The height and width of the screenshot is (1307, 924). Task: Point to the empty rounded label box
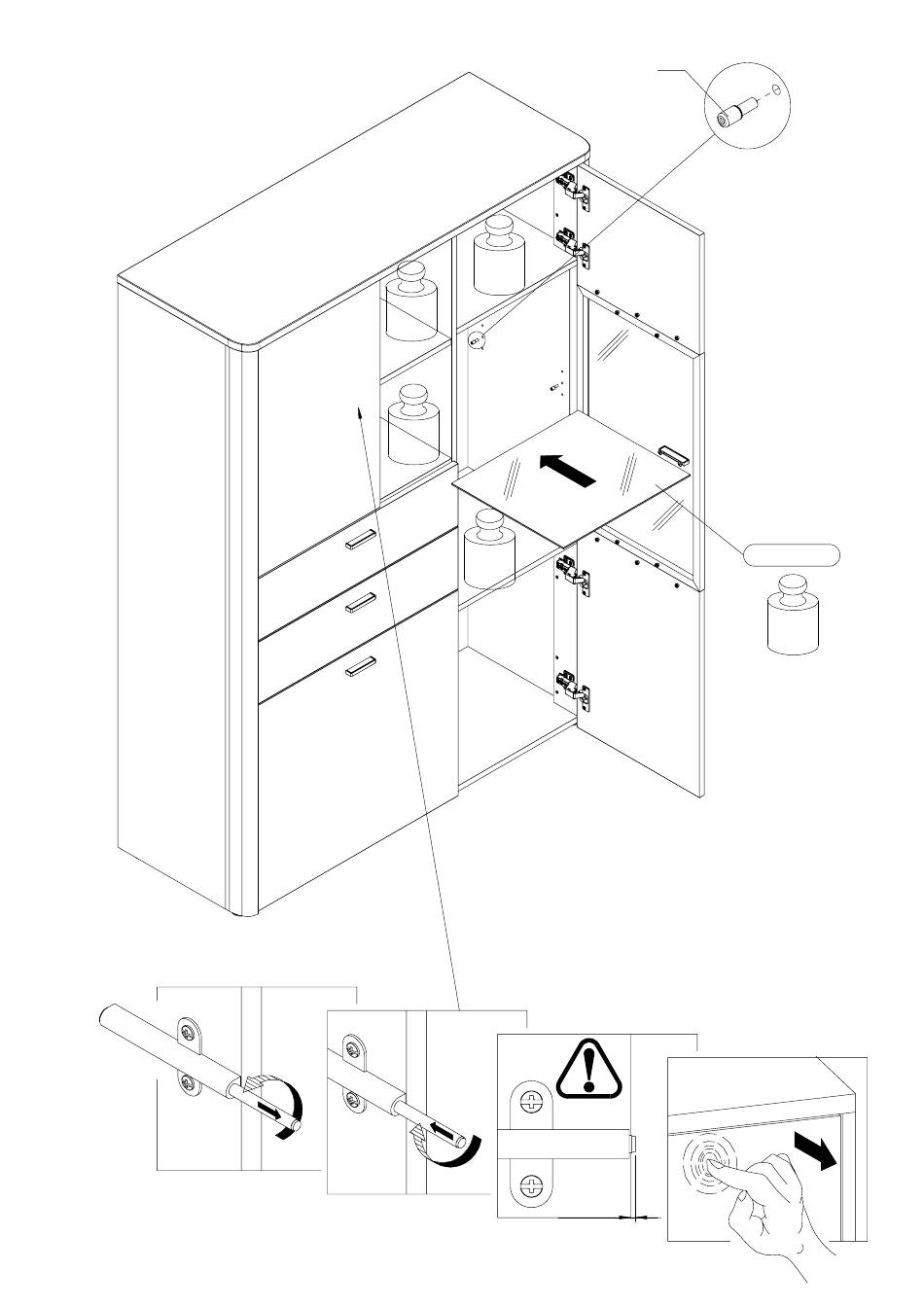click(x=791, y=555)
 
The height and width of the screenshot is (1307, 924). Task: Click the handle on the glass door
click(x=673, y=453)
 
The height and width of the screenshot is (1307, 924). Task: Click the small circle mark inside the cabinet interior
click(x=478, y=339)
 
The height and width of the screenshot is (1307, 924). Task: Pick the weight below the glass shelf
click(x=488, y=548)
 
